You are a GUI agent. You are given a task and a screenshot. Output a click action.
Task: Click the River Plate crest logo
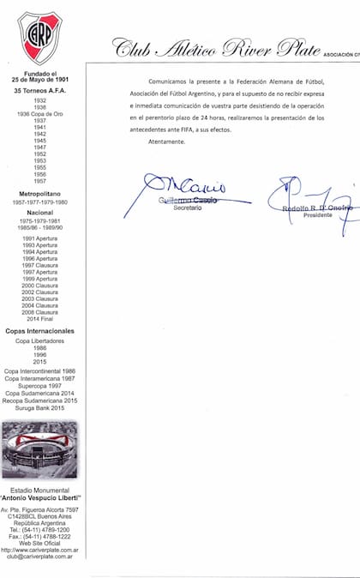pyautogui.click(x=40, y=38)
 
